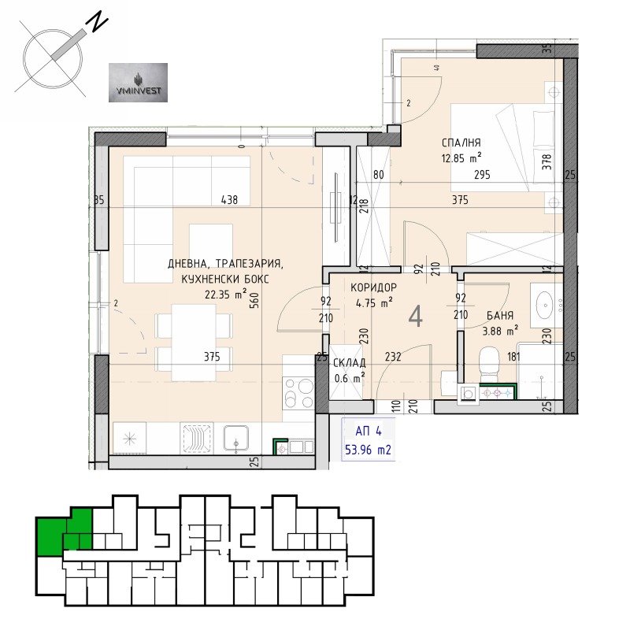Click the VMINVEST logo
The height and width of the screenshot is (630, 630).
(x=137, y=83)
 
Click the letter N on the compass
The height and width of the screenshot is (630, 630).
(x=97, y=23)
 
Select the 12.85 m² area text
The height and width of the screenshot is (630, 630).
(x=461, y=157)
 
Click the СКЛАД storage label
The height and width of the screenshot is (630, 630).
(x=349, y=365)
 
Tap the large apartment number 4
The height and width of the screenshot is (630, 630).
(x=416, y=317)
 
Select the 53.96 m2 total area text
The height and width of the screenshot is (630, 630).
(x=369, y=451)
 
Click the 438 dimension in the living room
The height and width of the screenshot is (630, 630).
(x=228, y=200)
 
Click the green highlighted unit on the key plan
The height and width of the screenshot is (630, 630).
(x=59, y=532)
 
